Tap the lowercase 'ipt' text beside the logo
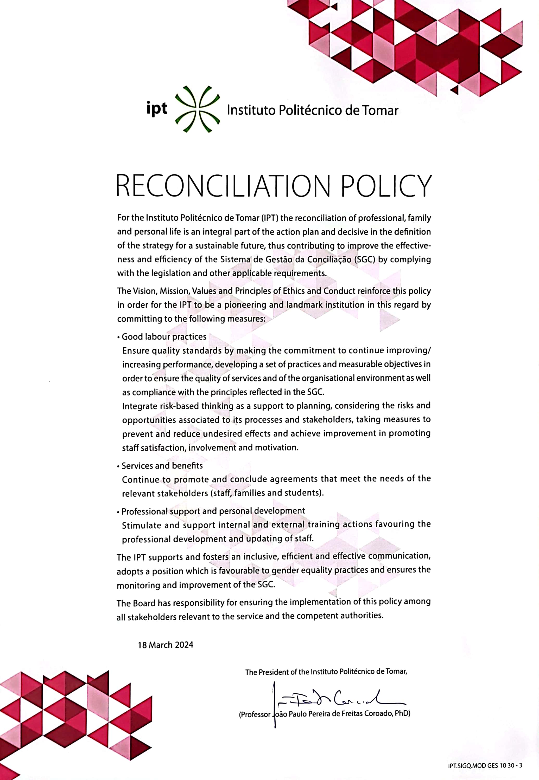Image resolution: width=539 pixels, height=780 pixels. (157, 109)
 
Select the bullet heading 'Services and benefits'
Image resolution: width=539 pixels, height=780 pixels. (162, 466)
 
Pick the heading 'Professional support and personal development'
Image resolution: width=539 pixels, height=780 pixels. (213, 511)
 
